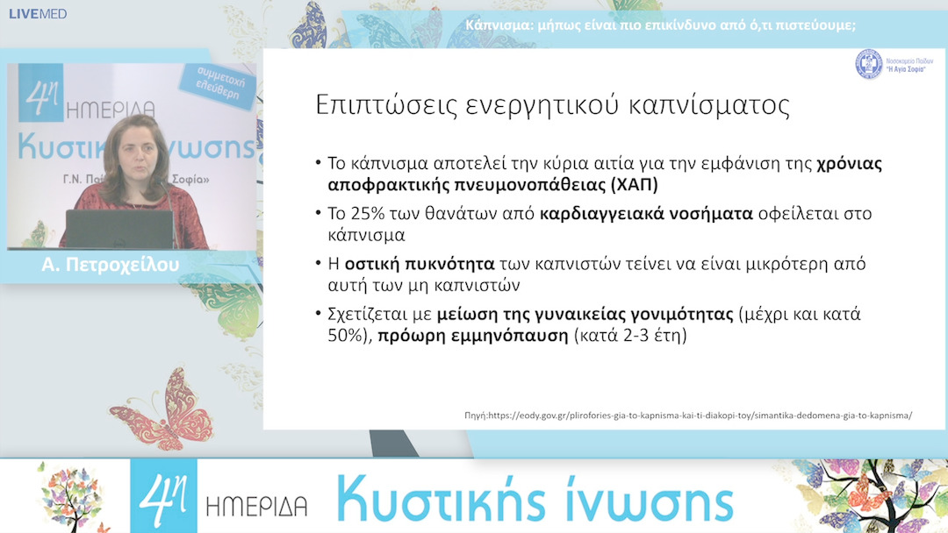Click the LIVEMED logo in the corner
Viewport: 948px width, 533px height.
(37, 14)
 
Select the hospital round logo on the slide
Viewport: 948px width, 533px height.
(869, 63)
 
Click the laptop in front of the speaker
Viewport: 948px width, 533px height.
(119, 229)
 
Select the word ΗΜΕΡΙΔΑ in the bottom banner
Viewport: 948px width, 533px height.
(256, 506)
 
